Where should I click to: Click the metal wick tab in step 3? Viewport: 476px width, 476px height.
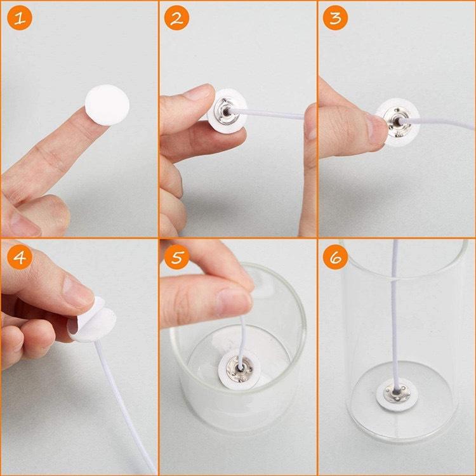point(396,118)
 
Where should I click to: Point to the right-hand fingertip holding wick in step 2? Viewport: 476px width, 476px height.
point(310,121)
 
